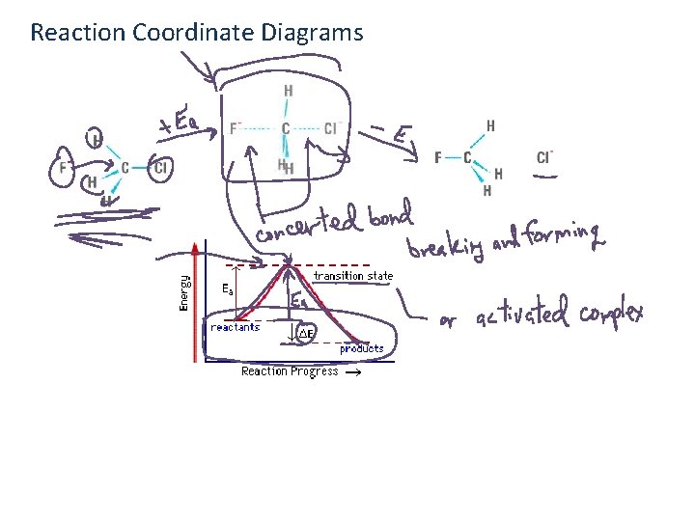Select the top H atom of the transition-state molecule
288,92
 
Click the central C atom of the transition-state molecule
286,128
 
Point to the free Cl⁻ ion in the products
545,157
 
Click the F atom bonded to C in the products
439,157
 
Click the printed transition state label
353,276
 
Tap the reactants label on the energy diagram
236,327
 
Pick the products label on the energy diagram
361,348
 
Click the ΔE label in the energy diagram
305,334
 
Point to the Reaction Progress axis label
290,371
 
